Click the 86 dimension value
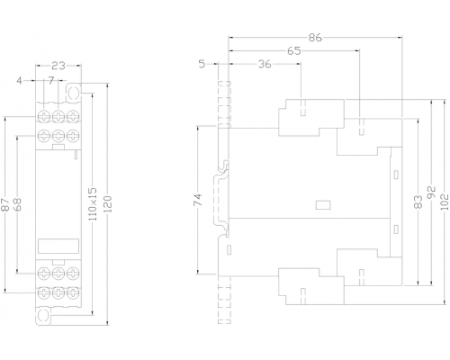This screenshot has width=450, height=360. coord(315,38)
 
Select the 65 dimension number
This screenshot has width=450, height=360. coord(293,51)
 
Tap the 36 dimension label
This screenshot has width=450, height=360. coord(265,64)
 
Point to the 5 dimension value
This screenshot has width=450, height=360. coord(202,64)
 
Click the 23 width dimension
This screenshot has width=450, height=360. coord(58,66)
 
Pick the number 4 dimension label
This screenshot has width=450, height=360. coord(19,81)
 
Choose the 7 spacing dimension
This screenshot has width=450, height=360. coord(51,80)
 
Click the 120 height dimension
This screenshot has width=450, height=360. coord(108,204)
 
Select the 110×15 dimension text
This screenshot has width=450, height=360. coord(94,204)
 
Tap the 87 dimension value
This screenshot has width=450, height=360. coord(4,204)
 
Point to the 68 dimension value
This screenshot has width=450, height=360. coord(18,204)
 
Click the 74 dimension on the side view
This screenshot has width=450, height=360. coord(198,200)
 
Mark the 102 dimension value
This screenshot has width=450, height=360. coord(445,202)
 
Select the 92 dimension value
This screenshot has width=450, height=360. coord(432,193)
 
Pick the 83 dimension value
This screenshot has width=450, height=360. coord(418,202)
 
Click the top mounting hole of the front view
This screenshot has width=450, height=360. coord(73,93)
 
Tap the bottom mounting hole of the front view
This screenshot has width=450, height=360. coord(43,315)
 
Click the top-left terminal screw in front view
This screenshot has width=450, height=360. coord(44,116)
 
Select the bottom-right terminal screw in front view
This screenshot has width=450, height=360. coord(73,292)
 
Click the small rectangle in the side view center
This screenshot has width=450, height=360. coord(323,205)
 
